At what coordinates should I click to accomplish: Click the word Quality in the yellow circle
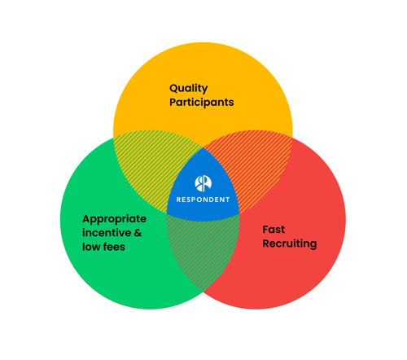tap(189, 88)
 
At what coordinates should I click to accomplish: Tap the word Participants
tap(201, 103)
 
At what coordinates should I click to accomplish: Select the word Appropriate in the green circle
tap(115, 219)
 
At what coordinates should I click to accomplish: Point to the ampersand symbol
tap(138, 233)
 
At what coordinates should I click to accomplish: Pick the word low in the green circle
tap(91, 247)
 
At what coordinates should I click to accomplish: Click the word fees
tap(114, 247)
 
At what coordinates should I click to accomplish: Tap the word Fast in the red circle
tap(274, 230)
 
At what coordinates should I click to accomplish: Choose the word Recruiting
tap(289, 244)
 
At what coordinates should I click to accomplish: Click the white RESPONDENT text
tap(203, 200)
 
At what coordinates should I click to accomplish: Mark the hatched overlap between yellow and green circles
tap(152, 163)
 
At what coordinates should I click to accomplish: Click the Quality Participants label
tap(201, 95)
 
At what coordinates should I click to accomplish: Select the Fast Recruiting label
tap(289, 237)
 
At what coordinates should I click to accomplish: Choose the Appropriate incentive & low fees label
tap(115, 233)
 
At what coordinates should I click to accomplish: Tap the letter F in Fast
tap(265, 230)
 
